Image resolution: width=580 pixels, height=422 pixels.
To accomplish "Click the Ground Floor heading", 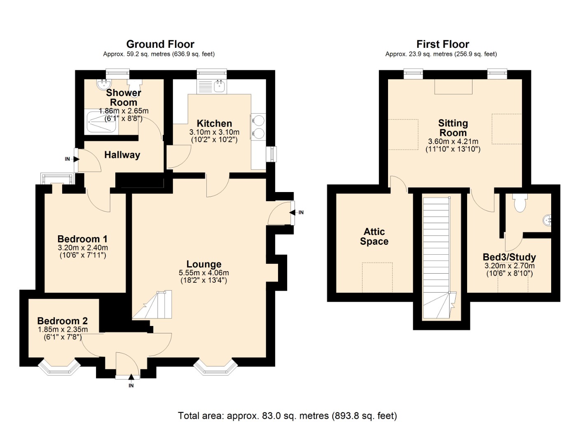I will tap(160, 44).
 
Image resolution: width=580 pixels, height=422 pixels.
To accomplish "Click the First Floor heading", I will tap(442, 44).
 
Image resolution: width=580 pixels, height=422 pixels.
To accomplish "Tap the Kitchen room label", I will tap(214, 123).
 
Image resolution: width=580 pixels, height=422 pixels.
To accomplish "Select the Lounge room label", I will tap(204, 264).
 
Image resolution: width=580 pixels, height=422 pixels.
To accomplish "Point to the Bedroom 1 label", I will tap(82, 239).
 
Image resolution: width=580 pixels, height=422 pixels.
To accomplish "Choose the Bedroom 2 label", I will tap(62, 321).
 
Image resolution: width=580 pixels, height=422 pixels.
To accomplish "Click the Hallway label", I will tap(122, 155).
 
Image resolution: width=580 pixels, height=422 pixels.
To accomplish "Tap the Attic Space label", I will tap(374, 237).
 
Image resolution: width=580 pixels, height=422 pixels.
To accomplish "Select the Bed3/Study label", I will tap(509, 257).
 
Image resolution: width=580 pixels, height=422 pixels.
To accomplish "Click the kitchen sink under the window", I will tap(220, 87).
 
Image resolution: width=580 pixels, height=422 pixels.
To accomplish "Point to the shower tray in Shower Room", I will tap(101, 122).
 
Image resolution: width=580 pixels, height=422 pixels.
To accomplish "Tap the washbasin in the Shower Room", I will tap(102, 84).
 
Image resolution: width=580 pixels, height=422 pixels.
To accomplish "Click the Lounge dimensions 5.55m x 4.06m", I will tap(204, 273).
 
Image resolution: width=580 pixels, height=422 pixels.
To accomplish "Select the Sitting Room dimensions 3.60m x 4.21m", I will tap(453, 141).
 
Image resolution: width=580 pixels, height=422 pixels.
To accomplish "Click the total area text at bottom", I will tap(287, 415).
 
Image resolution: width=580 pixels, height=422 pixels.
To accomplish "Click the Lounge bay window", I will tap(215, 368).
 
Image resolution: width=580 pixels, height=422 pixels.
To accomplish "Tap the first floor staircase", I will tap(437, 256).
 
